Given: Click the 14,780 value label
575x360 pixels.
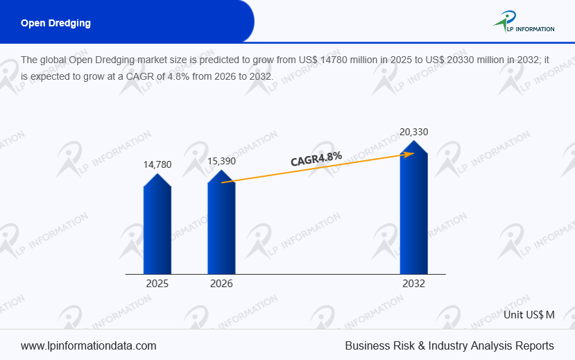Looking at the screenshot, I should click(157, 164).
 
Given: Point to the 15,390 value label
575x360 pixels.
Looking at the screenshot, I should click(221, 161).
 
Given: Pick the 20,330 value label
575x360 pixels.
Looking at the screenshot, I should click(413, 132).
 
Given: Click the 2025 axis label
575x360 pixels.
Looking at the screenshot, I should click(157, 284).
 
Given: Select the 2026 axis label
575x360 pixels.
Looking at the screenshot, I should click(221, 284).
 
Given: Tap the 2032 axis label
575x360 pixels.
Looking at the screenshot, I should click(413, 284).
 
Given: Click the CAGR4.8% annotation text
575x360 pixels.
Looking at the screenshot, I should click(316, 159).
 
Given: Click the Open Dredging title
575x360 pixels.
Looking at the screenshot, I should click(55, 23).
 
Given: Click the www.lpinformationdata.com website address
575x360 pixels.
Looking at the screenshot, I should click(89, 345).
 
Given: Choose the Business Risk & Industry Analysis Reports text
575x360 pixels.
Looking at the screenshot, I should click(449, 345).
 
